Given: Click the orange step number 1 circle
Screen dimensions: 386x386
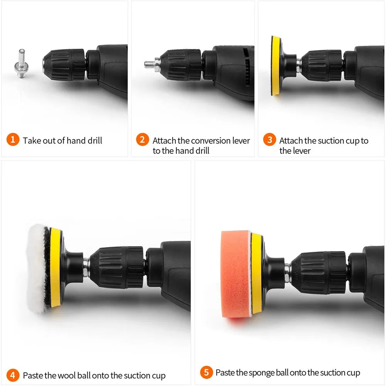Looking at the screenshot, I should (13, 139).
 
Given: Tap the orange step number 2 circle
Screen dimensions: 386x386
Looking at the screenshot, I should (142, 139).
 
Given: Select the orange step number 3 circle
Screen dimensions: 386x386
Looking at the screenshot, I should (269, 139).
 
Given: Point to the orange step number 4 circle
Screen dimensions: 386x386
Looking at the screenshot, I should (13, 375).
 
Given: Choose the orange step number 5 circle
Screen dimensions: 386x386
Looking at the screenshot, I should (207, 372).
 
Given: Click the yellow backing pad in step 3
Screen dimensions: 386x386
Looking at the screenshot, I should (275, 66).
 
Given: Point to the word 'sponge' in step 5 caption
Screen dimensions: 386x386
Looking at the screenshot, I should (262, 372).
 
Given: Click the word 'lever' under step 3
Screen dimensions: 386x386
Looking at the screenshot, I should (301, 151).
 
